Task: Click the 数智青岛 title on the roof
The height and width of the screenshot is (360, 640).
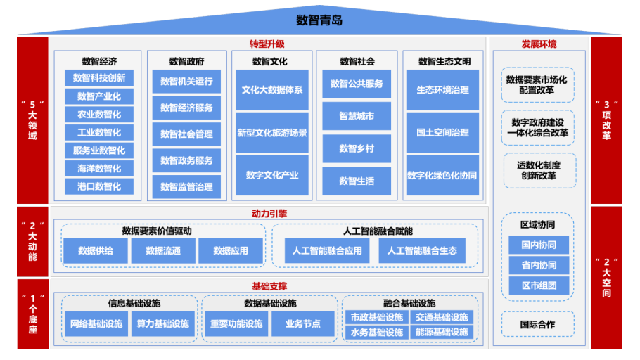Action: pos(319,20)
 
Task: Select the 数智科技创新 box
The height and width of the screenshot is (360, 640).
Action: pos(99,78)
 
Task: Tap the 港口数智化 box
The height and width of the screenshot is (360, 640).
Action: pos(99,186)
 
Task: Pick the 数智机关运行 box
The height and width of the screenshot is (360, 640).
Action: pos(186,82)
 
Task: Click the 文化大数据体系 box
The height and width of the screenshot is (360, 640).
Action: pos(272,90)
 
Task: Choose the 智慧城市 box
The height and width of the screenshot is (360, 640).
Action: pos(357,116)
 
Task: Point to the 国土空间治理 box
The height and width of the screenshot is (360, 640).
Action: pos(442,133)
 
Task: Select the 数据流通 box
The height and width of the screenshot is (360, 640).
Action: pos(163,250)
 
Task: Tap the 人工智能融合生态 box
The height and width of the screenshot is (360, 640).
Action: pos(422,250)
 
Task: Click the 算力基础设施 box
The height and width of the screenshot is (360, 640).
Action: pos(163,324)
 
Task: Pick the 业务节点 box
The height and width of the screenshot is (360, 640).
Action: pos(303,324)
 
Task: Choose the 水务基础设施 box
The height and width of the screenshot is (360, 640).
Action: pos(377,333)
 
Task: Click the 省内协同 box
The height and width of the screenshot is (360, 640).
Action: pos(539,265)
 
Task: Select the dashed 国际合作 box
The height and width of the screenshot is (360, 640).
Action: pos(537,324)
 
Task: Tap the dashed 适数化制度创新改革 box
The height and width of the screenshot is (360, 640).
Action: pos(539,171)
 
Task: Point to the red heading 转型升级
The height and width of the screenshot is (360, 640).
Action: pos(267,44)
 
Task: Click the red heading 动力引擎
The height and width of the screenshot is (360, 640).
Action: pos(269,214)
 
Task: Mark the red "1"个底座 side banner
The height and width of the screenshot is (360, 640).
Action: pos(32,314)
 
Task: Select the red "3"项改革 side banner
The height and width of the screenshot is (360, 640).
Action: pos(606,120)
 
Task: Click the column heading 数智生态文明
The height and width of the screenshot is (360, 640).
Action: pos(444,62)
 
